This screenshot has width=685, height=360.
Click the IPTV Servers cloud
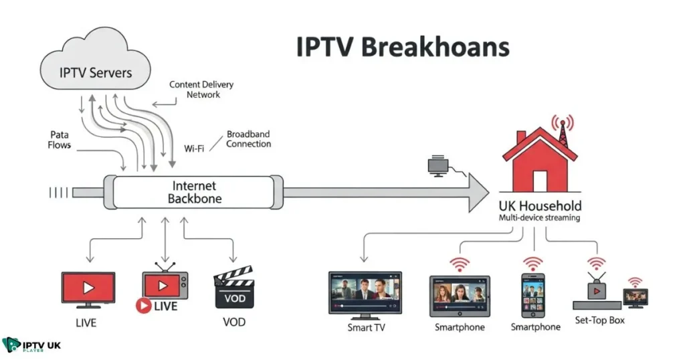coord(96,70)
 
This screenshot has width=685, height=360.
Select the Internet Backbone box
coord(193,192)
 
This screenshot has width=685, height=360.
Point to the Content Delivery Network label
coord(201,90)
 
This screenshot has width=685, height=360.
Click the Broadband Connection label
coord(249,139)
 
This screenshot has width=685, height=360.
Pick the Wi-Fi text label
coord(194,148)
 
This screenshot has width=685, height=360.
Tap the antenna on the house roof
coord(561,130)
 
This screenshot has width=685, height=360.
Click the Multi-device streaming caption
coord(540,218)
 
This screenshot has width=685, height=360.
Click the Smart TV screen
coord(365,292)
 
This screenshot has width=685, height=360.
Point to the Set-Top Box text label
coord(599,320)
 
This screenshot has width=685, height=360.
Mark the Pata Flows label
coord(60,140)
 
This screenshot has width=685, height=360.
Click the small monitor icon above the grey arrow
coord(439,165)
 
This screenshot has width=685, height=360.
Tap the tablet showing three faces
coord(460,295)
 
